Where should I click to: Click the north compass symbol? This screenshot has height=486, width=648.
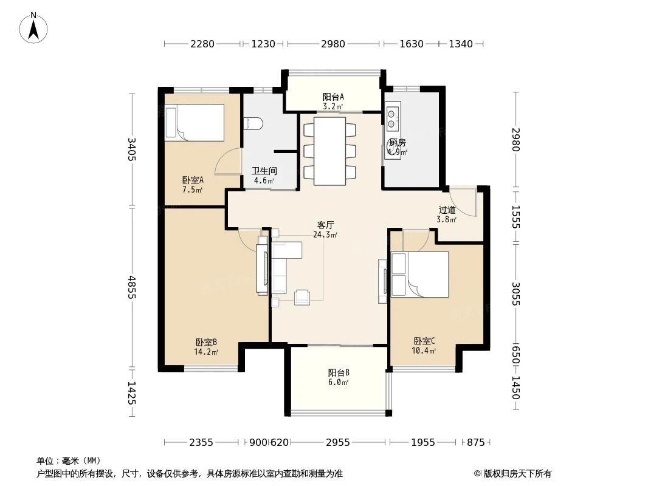(35, 27)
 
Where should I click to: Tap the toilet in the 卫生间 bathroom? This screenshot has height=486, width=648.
(254, 123)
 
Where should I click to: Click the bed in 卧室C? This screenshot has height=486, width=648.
(420, 274)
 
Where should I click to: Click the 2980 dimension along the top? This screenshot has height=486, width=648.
(333, 44)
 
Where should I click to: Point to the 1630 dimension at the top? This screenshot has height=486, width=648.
(412, 44)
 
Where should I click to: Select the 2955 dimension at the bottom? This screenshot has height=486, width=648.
(337, 442)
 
